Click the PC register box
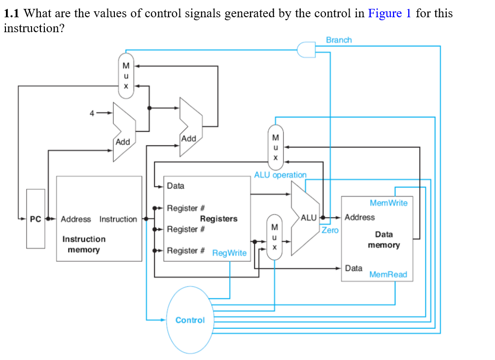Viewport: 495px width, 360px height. pyautogui.click(x=35, y=218)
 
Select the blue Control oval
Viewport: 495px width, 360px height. pyautogui.click(x=190, y=320)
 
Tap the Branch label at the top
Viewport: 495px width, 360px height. pyautogui.click(x=339, y=40)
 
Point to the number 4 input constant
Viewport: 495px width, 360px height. pyautogui.click(x=92, y=113)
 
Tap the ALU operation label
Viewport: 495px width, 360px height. pyautogui.click(x=280, y=175)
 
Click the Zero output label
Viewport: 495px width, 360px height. pyautogui.click(x=330, y=230)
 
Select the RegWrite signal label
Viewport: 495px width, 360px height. pyautogui.click(x=229, y=253)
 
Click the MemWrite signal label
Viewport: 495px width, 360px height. pyautogui.click(x=389, y=203)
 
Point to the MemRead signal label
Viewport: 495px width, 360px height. pyautogui.click(x=388, y=274)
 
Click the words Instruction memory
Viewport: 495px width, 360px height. pyautogui.click(x=84, y=244)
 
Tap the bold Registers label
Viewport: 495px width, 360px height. pyautogui.click(x=218, y=218)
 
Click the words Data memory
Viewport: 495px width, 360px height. pyautogui.click(x=384, y=240)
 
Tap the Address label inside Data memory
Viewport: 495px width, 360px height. pyautogui.click(x=359, y=217)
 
